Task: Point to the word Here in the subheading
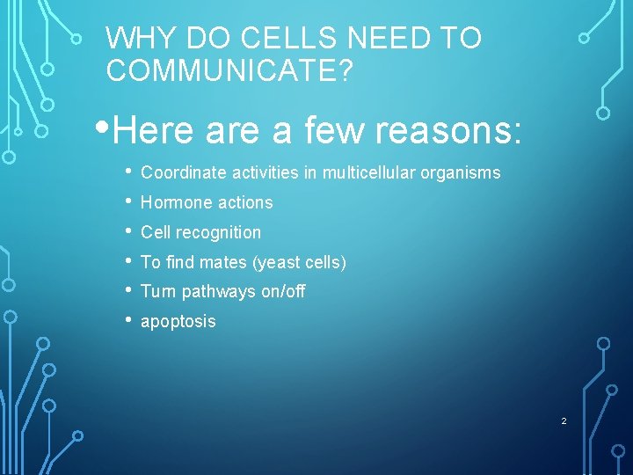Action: click(x=153, y=131)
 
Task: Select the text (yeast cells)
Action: click(x=298, y=262)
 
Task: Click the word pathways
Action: click(x=217, y=291)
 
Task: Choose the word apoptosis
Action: click(x=178, y=322)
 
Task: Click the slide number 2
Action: click(x=564, y=421)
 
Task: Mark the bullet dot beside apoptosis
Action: click(x=128, y=320)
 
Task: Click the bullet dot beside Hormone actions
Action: click(x=128, y=201)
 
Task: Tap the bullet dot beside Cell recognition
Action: click(x=128, y=231)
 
